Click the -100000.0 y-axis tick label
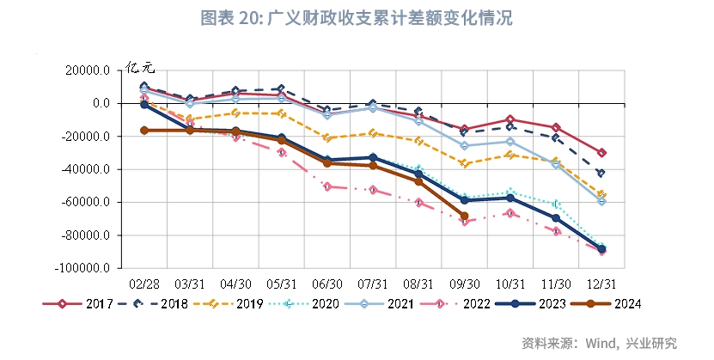(82, 268)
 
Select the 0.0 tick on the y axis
(101, 103)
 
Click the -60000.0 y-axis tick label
(85, 202)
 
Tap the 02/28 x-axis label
(143, 283)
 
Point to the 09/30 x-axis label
(465, 283)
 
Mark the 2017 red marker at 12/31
(602, 153)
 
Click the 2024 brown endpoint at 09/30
(465, 217)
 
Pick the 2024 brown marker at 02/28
(143, 131)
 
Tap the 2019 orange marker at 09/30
(465, 163)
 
